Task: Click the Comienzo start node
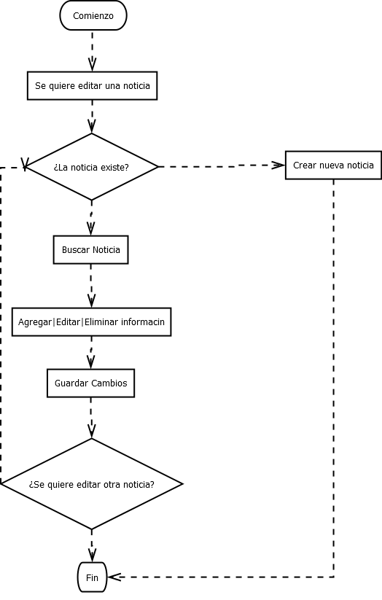(93, 15)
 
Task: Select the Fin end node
(92, 577)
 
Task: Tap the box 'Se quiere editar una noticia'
(93, 86)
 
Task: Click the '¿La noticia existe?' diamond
(92, 167)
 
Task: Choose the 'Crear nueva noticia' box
(333, 165)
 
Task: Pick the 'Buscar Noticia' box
(91, 249)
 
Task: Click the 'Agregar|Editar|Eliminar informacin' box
(91, 322)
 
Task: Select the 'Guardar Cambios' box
(90, 383)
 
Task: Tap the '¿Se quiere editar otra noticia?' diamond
(92, 484)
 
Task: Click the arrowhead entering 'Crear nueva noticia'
(278, 165)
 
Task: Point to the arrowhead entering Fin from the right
(113, 577)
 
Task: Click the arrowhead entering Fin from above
(92, 556)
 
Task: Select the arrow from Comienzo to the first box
(93, 50)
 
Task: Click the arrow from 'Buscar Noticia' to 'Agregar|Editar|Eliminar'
(91, 285)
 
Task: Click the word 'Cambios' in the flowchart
(109, 383)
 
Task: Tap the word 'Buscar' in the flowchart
(76, 249)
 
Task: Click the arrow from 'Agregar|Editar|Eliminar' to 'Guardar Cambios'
(91, 353)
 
